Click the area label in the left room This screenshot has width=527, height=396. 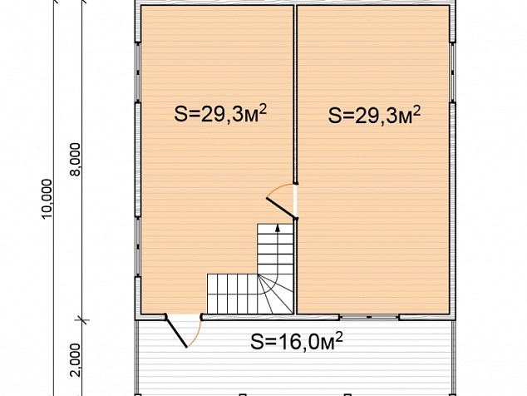(220, 114)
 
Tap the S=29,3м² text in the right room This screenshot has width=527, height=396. (374, 115)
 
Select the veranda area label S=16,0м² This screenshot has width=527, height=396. (297, 341)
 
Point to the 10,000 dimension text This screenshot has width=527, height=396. (47, 199)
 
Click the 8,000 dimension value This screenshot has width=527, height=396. (76, 159)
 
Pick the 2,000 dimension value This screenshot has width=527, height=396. (76, 360)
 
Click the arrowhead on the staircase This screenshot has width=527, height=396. (278, 228)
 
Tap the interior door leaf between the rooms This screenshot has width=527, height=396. (281, 208)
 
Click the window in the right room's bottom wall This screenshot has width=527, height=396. (369, 317)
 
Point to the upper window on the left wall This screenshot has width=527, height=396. (138, 72)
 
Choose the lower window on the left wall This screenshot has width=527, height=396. (138, 246)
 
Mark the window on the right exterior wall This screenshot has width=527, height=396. (453, 72)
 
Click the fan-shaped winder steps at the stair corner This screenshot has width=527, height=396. (275, 294)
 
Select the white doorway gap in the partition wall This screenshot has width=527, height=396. (295, 201)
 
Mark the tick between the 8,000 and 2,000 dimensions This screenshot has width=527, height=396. (82, 319)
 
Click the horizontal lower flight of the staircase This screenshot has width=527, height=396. (233, 294)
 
